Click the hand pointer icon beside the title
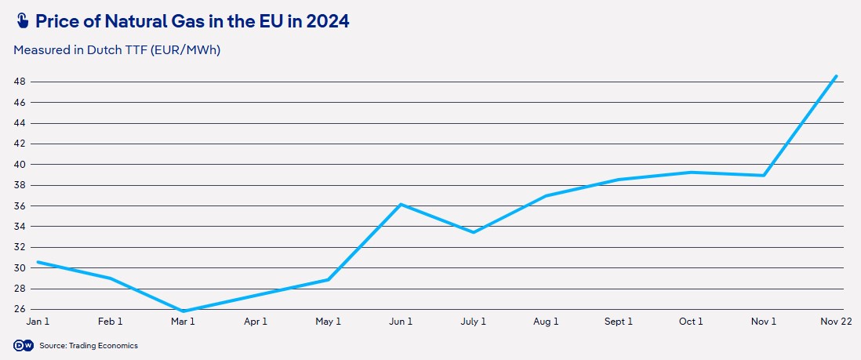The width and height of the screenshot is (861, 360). (x=21, y=22)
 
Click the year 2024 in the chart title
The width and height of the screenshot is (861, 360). (x=328, y=22)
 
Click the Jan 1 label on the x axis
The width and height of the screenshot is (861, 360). (x=38, y=322)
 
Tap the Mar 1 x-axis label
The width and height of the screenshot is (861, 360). (x=183, y=322)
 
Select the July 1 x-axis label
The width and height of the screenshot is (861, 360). (x=474, y=322)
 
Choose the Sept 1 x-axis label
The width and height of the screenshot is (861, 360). (x=618, y=322)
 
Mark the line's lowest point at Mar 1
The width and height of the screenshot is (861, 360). (x=183, y=311)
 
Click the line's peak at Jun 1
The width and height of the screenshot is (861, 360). (x=401, y=204)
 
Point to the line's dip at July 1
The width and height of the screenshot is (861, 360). (x=474, y=232)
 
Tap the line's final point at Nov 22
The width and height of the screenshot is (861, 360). (x=837, y=76)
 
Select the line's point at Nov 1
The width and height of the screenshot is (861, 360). (x=764, y=175)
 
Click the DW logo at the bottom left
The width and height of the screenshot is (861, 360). (x=22, y=345)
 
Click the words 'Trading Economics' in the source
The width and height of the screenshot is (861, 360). (x=104, y=346)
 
